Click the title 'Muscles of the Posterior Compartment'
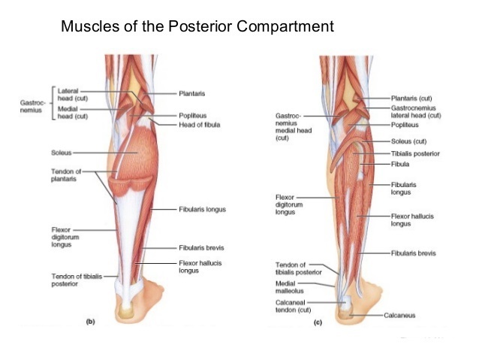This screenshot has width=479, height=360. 197,28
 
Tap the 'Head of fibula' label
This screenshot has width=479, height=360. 199,124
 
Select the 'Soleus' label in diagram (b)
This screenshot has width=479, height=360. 61,153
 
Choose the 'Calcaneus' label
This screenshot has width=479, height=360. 399,315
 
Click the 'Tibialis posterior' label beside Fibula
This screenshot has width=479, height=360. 415,154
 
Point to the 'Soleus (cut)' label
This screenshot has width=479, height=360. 409,141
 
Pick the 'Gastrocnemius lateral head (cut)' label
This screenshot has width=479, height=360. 415,112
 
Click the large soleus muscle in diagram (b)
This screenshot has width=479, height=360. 137,158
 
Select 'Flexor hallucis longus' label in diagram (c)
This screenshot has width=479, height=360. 411,219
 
